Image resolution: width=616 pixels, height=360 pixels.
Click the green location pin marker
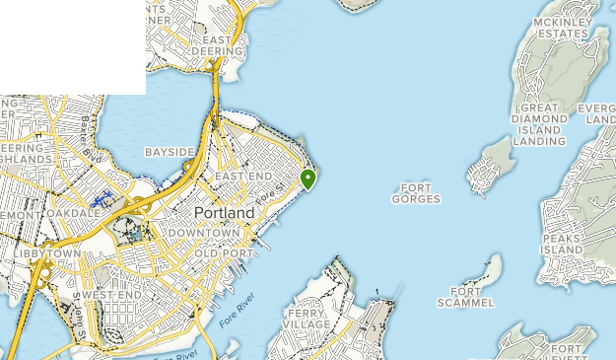click(x=308, y=179)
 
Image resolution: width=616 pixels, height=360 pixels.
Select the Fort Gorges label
click(x=416, y=193)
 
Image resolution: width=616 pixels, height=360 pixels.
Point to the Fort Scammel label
click(x=465, y=297)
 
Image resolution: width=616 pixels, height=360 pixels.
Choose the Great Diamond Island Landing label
click(x=539, y=124)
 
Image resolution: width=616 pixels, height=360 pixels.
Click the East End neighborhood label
click(x=241, y=176)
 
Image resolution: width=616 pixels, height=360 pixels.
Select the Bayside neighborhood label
click(x=170, y=152)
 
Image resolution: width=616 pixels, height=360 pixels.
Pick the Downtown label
click(x=204, y=233)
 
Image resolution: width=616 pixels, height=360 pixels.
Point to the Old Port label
click(x=219, y=253)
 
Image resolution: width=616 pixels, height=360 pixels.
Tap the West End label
click(x=111, y=295)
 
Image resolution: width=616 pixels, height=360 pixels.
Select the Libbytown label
click(x=47, y=253)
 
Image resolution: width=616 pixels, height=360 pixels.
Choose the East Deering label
click(x=215, y=44)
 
